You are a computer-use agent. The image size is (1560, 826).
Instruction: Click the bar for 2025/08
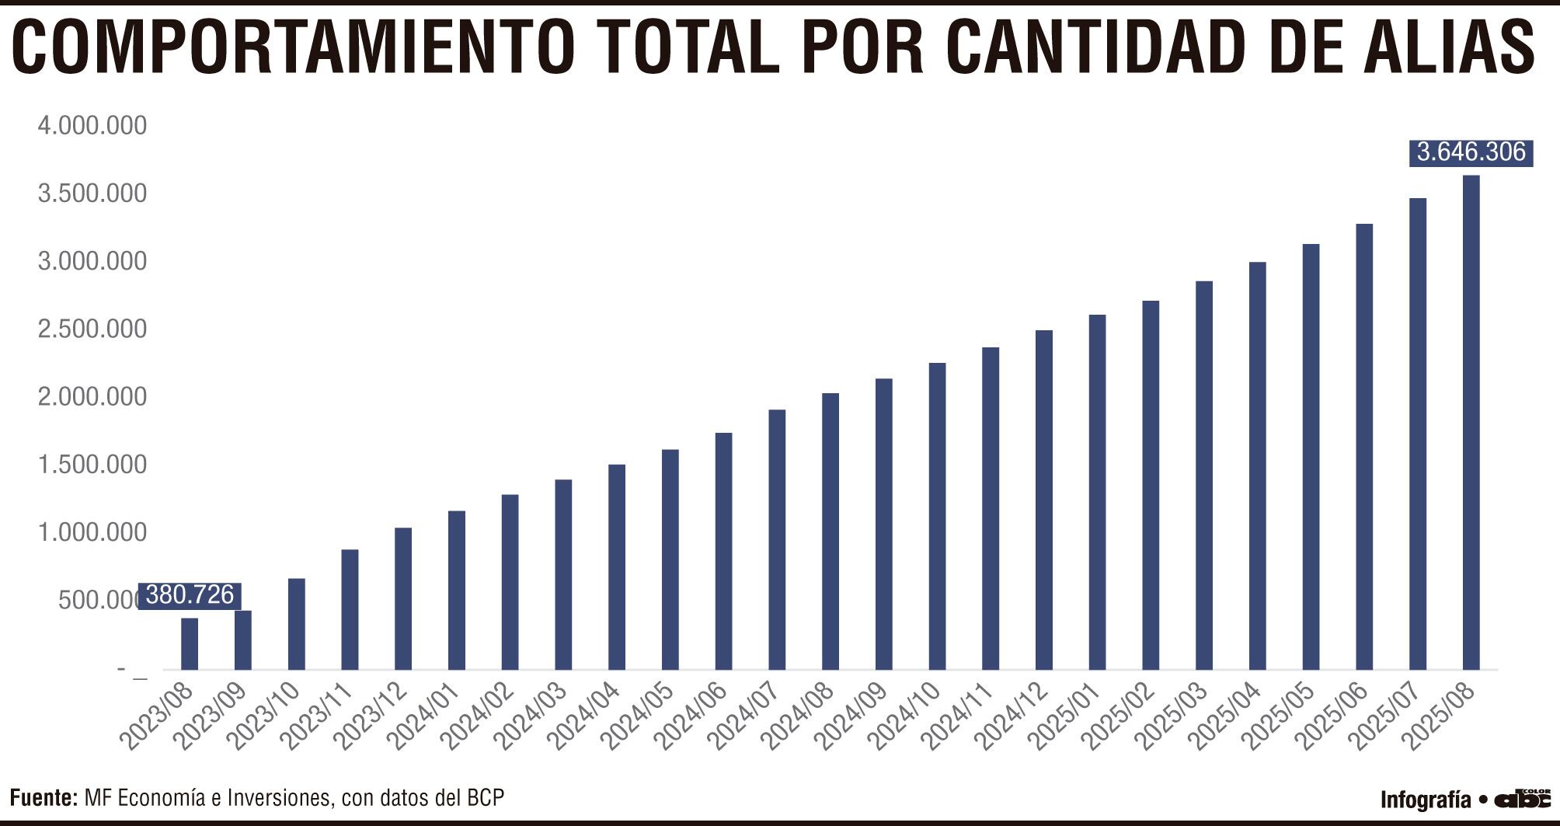[1471, 423]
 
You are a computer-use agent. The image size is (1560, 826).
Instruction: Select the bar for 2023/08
[190, 643]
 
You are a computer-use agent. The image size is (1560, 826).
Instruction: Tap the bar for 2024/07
[777, 539]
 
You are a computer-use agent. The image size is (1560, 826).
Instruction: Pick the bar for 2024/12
[1043, 500]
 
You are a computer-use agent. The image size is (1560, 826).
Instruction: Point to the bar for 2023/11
[350, 609]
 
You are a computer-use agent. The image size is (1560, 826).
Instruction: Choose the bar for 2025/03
[1204, 475]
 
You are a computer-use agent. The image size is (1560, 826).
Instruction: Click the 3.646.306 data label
[1471, 152]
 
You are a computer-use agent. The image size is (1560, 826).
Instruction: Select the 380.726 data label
[190, 595]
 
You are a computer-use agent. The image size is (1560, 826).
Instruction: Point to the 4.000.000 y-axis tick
[92, 125]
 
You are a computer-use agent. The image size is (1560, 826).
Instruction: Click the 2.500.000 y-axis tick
[92, 329]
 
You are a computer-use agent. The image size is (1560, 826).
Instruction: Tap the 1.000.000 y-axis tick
[92, 532]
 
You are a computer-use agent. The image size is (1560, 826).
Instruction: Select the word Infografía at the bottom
[1426, 800]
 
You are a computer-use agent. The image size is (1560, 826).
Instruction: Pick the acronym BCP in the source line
[485, 797]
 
